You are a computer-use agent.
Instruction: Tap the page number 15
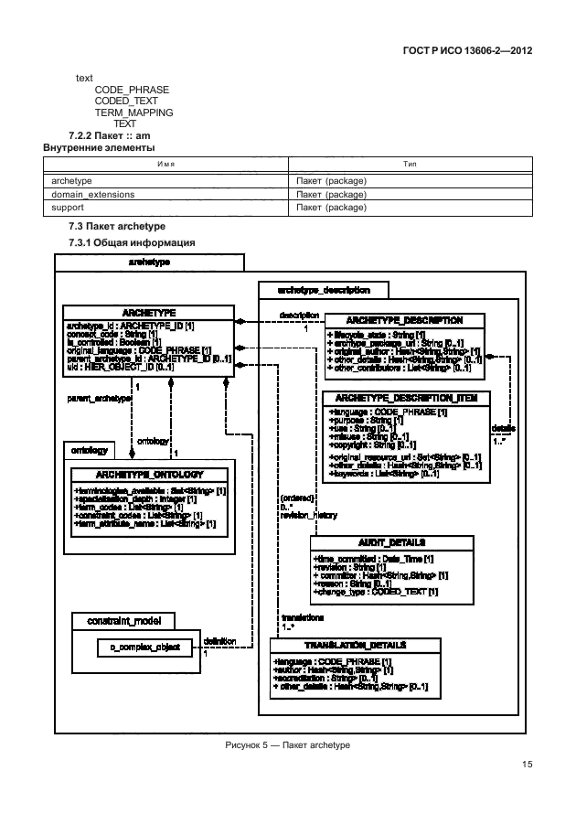point(527,765)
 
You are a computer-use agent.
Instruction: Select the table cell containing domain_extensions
point(93,195)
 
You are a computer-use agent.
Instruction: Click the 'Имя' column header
point(165,165)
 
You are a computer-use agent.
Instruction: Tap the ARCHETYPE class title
point(149,312)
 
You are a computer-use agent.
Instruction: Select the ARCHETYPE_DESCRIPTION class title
point(405,321)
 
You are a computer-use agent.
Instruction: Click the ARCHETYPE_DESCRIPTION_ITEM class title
point(406,399)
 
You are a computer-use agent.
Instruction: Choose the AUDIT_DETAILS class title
point(392,542)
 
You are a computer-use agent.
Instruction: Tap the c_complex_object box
point(139,648)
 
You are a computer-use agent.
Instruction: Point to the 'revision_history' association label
point(309,516)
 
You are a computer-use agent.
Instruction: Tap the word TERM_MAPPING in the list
point(134,112)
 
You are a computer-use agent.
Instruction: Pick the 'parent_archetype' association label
point(98,399)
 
